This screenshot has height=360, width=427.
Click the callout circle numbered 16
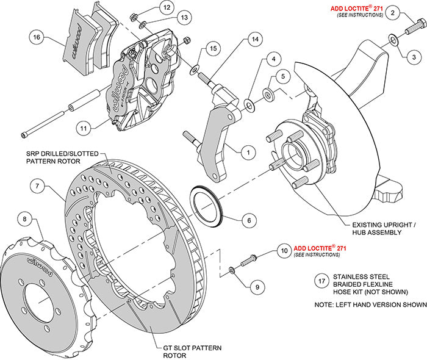point(37,37)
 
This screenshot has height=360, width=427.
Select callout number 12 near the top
point(150,8)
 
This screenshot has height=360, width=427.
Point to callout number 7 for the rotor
point(38,186)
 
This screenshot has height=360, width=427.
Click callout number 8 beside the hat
point(24,218)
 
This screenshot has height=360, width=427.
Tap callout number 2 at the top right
point(393,12)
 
